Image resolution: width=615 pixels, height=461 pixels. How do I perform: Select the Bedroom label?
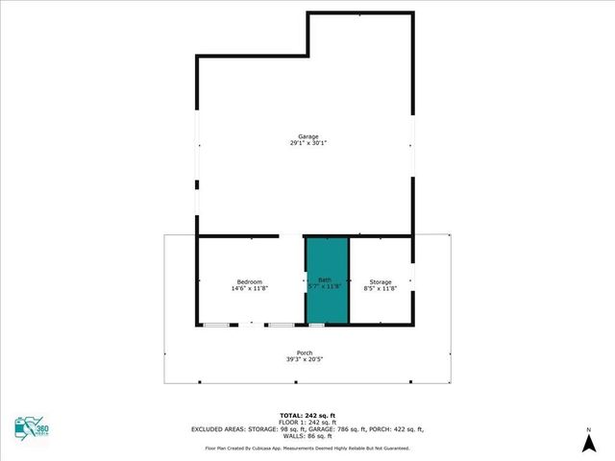pos(249,281)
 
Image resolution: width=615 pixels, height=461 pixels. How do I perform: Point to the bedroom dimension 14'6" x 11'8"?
pos(249,288)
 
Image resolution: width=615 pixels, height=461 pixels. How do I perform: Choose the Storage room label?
pos(381,281)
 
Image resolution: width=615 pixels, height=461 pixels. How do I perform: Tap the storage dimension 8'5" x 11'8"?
pos(381,288)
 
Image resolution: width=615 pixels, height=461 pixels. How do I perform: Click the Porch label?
pos(305,353)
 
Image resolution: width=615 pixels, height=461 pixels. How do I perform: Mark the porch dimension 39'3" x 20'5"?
pos(305,360)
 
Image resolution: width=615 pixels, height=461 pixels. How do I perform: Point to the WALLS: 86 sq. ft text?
pos(307,436)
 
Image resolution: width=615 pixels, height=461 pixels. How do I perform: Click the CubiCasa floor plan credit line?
pos(307,448)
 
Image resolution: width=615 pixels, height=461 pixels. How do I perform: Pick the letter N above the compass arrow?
pos(588,428)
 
